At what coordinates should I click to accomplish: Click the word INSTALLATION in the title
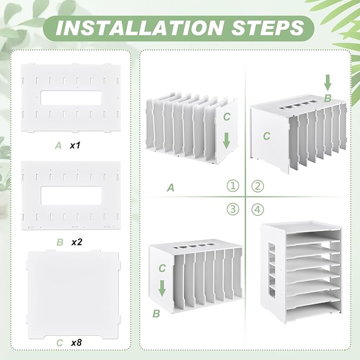tap(140, 28)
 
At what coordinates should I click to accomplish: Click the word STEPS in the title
tap(267, 28)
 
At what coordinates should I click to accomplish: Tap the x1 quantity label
tap(75, 145)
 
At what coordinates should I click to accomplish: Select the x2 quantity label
tap(76, 242)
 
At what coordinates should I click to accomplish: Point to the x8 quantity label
tap(76, 343)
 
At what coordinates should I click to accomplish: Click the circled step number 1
tap(233, 186)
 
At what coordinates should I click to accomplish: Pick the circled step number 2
tap(258, 186)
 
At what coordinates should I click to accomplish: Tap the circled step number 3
tap(233, 209)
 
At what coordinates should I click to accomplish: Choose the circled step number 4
tap(258, 209)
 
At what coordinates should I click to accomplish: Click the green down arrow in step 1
tap(226, 141)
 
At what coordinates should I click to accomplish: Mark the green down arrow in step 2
tap(328, 83)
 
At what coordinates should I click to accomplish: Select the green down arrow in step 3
tap(162, 288)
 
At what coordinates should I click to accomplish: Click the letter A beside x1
tap(58, 146)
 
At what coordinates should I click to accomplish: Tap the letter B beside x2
tap(60, 242)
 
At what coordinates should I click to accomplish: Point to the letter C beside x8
tap(60, 343)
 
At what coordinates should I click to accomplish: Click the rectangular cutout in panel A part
tap(71, 98)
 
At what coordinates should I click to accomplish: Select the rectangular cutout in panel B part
tap(71, 196)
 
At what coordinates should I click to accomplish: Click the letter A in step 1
tap(171, 188)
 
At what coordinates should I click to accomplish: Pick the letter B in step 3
tap(156, 314)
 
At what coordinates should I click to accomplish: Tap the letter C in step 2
tap(267, 136)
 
